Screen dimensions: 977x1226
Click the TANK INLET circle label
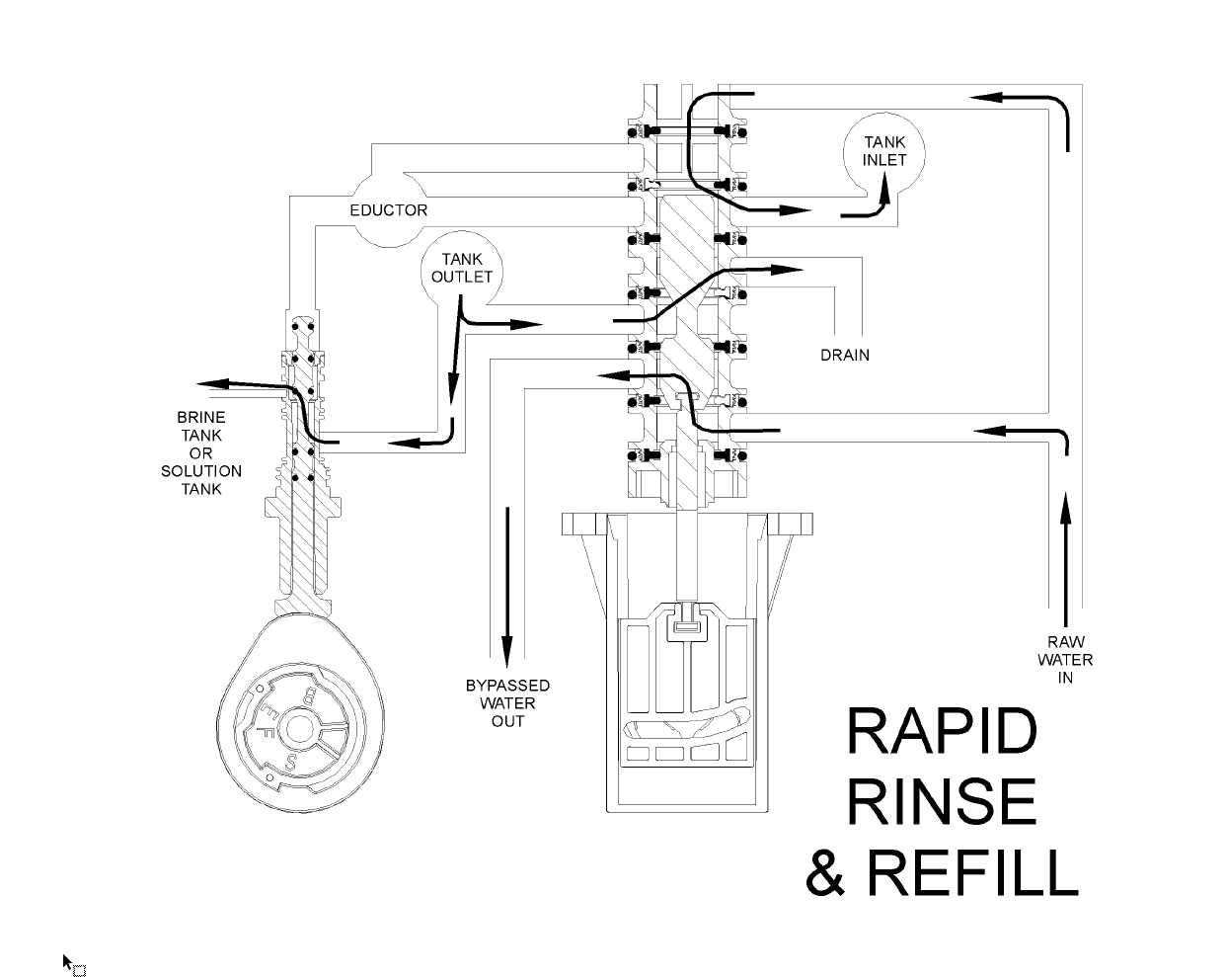[884, 151]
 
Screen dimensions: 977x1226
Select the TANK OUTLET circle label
[462, 268]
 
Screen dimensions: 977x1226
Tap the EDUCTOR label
[389, 210]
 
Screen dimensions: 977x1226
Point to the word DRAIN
[845, 355]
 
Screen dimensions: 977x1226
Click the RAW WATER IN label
[1065, 660]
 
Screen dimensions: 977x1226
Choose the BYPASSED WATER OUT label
[507, 703]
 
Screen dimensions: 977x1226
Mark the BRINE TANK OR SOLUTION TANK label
[201, 453]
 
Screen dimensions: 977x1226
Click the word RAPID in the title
[942, 732]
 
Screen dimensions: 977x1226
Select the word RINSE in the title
[942, 801]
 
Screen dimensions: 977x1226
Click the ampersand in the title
[827, 873]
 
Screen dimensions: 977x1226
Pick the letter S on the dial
[291, 765]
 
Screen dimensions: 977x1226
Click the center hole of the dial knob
[297, 732]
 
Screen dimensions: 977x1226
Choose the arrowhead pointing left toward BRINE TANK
[210, 384]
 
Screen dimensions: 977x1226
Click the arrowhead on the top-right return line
[987, 97]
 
